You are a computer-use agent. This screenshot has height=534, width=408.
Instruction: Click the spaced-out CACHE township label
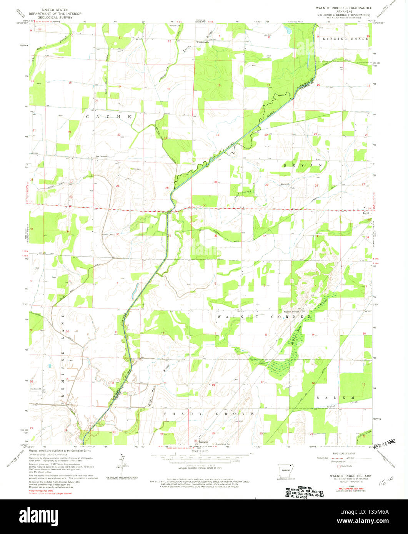pos(108,116)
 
